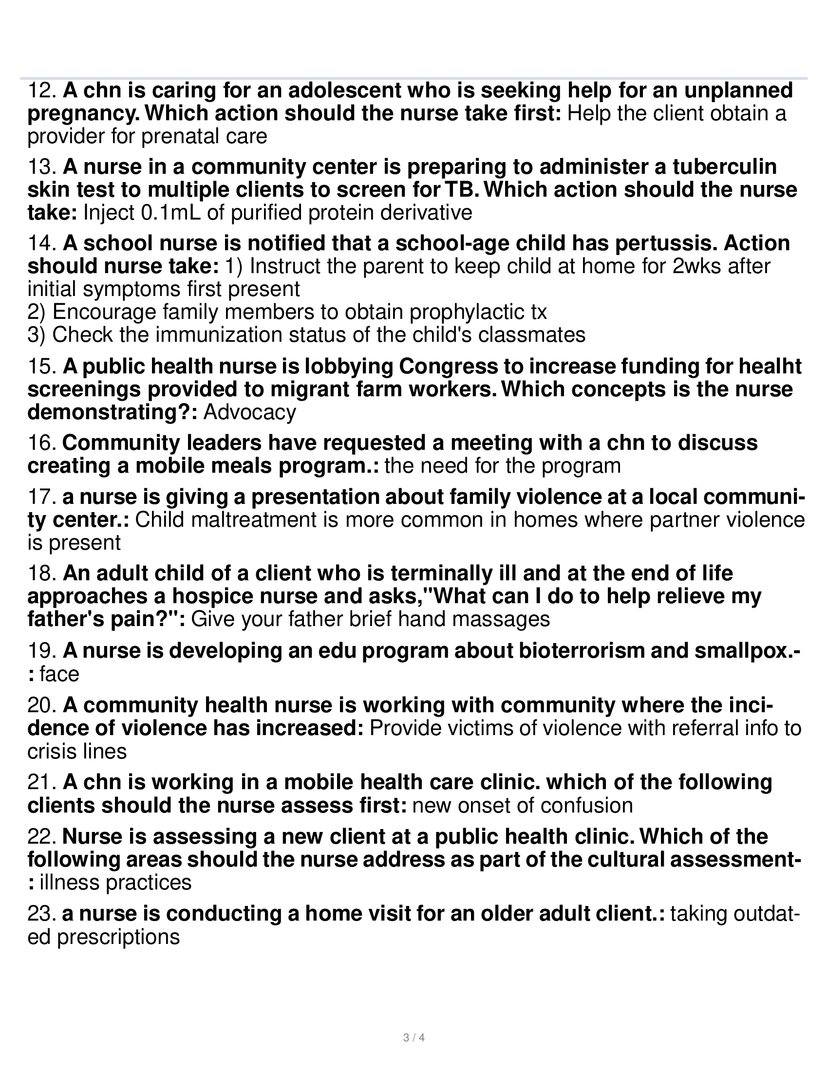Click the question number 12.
pos(42,91)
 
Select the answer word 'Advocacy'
pos(250,412)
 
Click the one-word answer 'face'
pos(59,674)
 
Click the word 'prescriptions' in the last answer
pos(118,937)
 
